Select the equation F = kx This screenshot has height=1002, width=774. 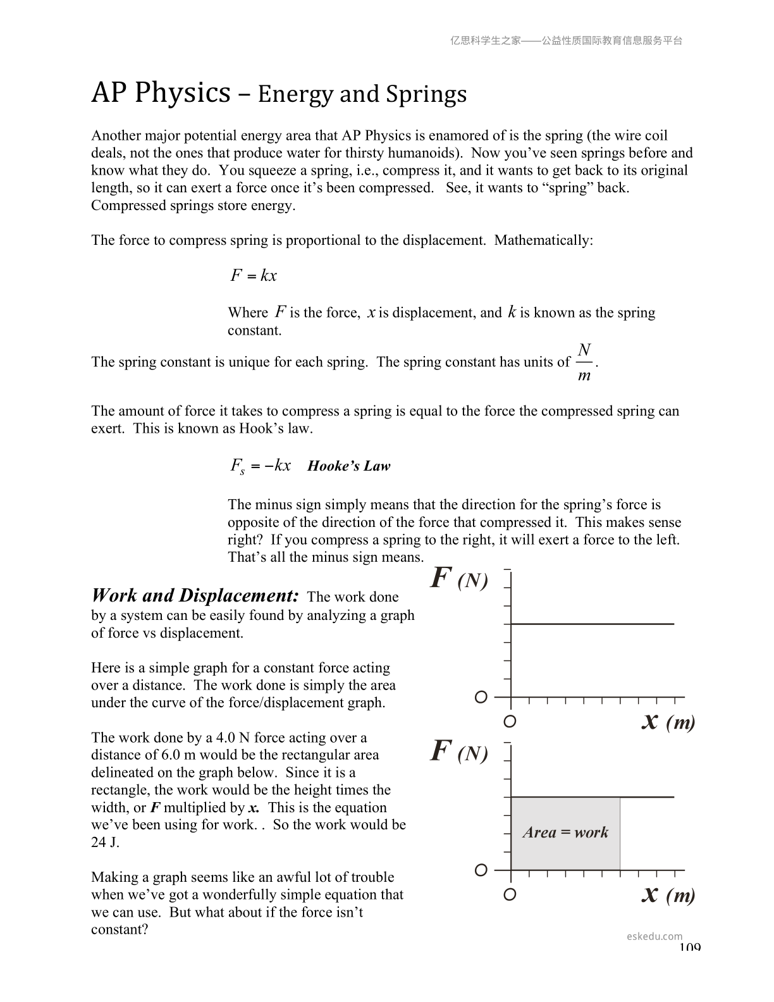pos(253,276)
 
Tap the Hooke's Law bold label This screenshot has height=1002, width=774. pos(348,466)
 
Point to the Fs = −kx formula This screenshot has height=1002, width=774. pos(260,466)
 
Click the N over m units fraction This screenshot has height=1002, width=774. pos(584,362)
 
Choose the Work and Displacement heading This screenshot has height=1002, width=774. pos(195,595)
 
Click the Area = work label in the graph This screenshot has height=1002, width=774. pos(565,832)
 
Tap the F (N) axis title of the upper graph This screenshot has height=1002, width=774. pos(458,579)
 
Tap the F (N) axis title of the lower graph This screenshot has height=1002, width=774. pos(458,752)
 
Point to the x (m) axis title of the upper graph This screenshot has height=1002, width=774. pos(668,721)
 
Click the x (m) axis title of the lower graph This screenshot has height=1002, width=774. pos(668,894)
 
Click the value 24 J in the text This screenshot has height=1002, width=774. pos(105,843)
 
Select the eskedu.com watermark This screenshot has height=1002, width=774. pos(654,936)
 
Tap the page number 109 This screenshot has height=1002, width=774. pos(690,947)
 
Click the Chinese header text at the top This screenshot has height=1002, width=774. pos(566,40)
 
